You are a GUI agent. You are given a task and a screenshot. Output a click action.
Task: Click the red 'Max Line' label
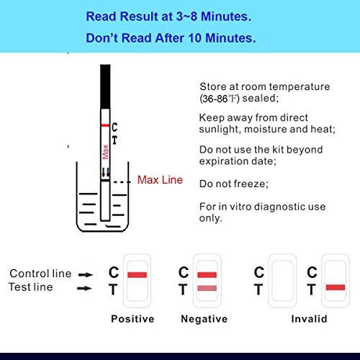point(160,180)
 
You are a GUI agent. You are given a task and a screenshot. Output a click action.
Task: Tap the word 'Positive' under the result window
point(132,319)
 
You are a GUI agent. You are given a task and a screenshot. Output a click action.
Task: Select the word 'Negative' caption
point(204,319)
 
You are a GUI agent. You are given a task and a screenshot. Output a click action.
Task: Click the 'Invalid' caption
point(309,319)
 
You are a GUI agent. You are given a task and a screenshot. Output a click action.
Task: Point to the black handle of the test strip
point(105,86)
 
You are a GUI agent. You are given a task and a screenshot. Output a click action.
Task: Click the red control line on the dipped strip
point(105,125)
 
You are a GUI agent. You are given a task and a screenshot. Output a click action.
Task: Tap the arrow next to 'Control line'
point(86,274)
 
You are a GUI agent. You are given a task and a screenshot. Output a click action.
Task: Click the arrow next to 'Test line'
point(84,288)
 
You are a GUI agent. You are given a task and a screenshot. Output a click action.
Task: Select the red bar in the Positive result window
point(137,274)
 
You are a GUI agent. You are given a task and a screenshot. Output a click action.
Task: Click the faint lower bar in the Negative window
point(207,288)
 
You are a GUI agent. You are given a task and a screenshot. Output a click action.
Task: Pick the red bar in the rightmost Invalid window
point(336,287)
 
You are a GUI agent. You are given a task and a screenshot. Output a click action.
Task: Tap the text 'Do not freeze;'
point(234,184)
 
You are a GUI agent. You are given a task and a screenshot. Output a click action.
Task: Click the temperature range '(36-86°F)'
point(220,99)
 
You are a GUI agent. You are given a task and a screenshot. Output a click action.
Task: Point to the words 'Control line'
point(40,274)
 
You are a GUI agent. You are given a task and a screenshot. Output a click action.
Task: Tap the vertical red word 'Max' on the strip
point(105,152)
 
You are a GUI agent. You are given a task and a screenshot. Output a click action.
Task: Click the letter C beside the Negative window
point(184,272)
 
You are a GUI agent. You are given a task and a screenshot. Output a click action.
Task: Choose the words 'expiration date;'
point(238,161)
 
